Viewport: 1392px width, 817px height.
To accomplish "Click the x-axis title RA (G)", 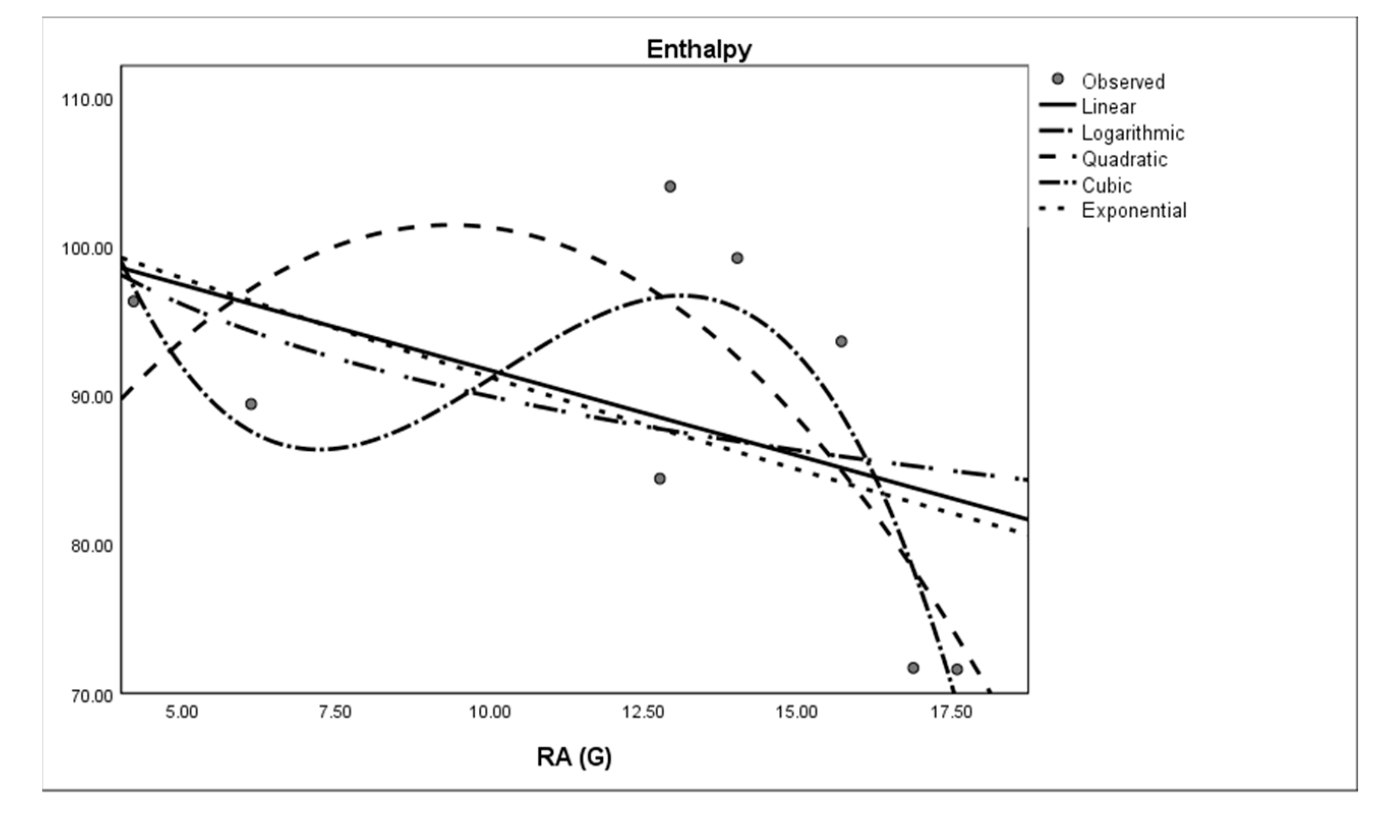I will point(574,757).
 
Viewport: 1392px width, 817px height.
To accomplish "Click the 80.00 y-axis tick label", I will point(91,546).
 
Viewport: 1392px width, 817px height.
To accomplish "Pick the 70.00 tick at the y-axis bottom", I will point(91,695).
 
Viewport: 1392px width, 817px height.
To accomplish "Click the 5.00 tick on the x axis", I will point(182,712).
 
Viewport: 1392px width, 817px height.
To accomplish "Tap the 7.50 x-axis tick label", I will point(335,712).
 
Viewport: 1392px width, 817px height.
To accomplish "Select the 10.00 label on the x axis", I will point(489,712).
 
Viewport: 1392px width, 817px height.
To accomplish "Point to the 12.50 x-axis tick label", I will point(643,712).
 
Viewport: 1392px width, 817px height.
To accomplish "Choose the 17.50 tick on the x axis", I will point(951,712).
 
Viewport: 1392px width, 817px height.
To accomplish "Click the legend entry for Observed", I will point(1122,82).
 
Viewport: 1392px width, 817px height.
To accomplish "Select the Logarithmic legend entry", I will point(1133,133).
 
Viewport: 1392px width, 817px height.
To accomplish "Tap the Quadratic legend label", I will point(1124,160).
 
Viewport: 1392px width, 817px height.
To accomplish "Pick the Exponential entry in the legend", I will point(1134,211).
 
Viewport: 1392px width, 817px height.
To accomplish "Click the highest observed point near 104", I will point(670,187).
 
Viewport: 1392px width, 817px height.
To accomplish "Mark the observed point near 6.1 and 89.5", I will point(251,404).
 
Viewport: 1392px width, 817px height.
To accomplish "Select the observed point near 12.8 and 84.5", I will point(659,478).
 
